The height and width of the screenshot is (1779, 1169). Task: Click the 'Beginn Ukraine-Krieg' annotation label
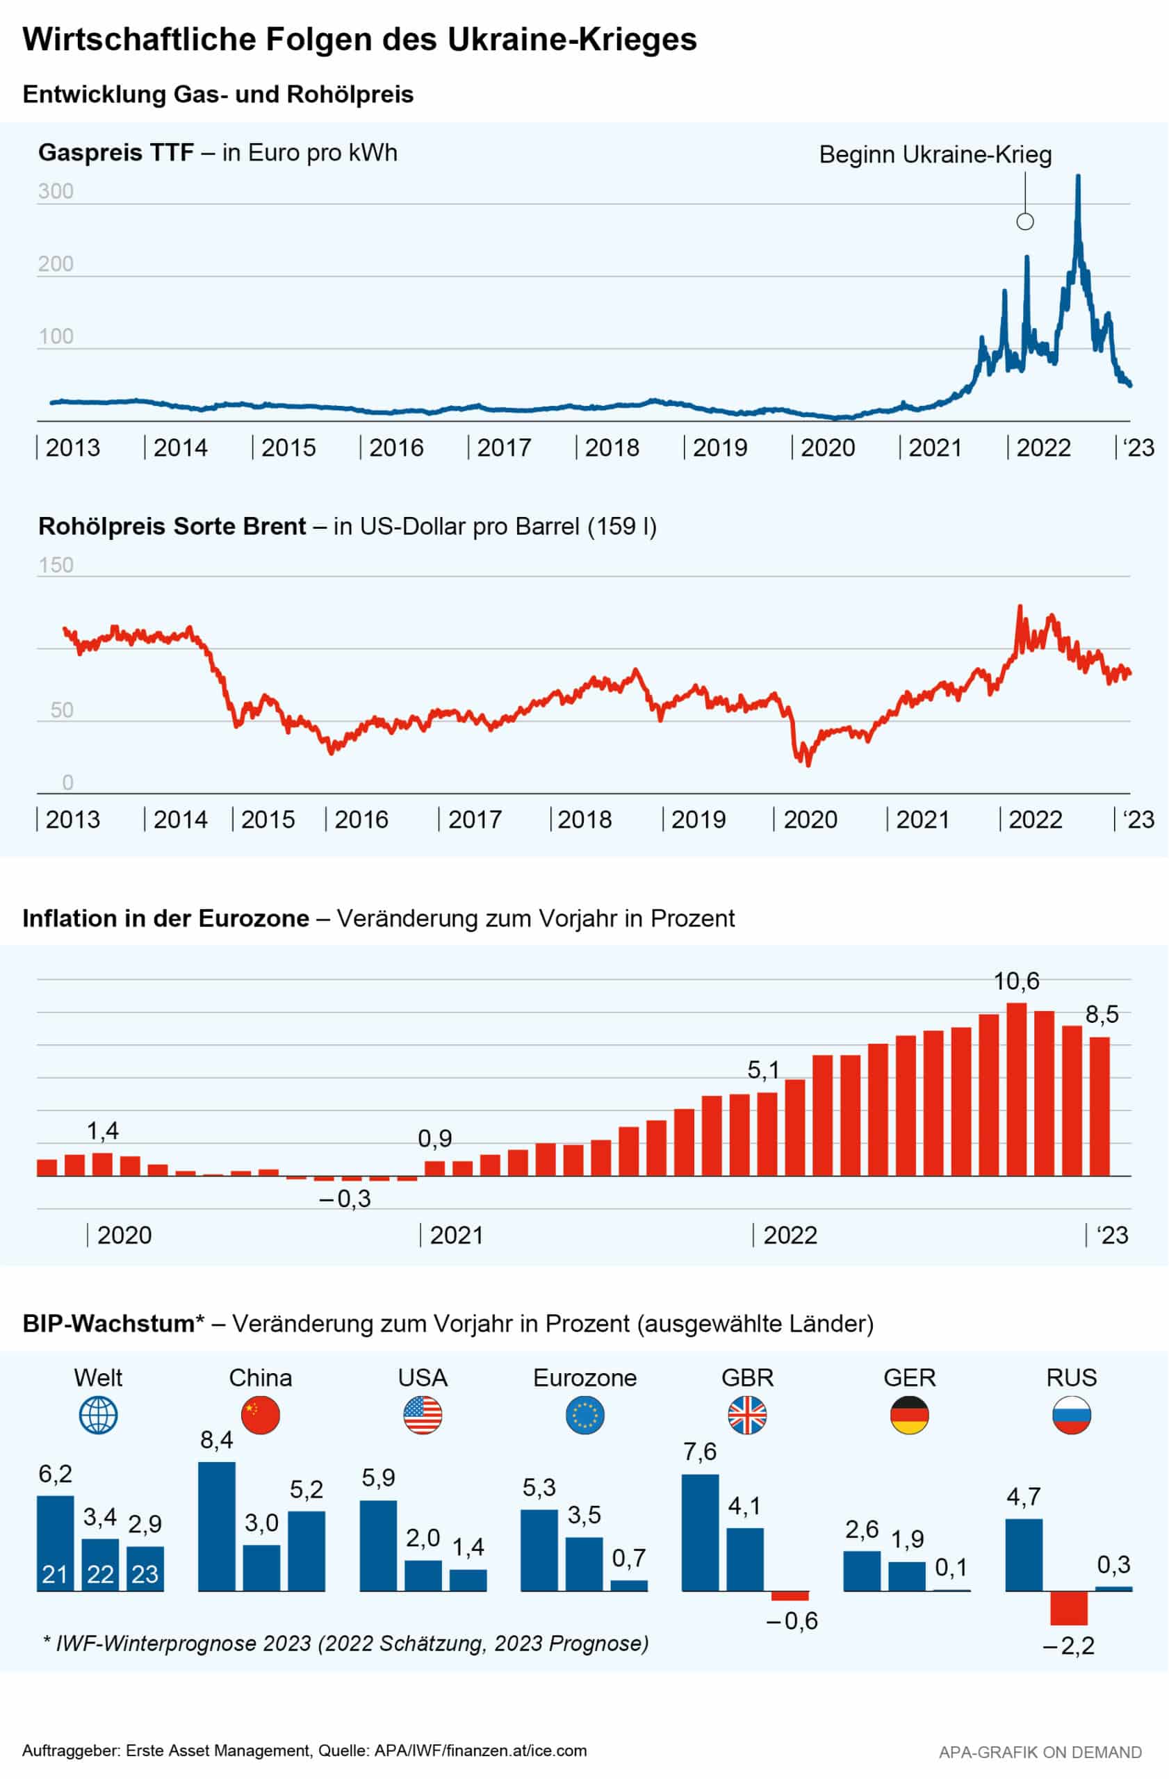935,155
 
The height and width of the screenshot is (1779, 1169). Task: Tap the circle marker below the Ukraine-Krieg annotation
1024,221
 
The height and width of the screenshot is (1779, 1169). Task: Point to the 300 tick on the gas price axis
56,191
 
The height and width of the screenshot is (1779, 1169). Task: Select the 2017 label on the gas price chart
503,448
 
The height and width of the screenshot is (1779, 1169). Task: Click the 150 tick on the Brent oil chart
56,565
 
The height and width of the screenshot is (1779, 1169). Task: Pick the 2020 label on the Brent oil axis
810,820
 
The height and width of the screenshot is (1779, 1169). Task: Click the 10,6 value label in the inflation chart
1016,981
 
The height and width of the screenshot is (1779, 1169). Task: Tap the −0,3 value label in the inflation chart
345,1199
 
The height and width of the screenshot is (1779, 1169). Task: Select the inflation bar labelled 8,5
1099,1106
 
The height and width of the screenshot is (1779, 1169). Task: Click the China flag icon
260,1416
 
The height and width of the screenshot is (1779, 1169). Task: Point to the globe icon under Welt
98,1416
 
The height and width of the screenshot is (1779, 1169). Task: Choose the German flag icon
909,1416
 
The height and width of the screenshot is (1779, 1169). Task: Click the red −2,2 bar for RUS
1068,1608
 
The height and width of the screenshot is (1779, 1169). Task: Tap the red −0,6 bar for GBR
790,1596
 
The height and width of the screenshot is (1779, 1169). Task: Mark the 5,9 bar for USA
378,1546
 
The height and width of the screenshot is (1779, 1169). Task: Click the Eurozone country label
584,1377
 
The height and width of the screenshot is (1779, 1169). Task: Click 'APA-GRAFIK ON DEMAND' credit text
1040,1752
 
